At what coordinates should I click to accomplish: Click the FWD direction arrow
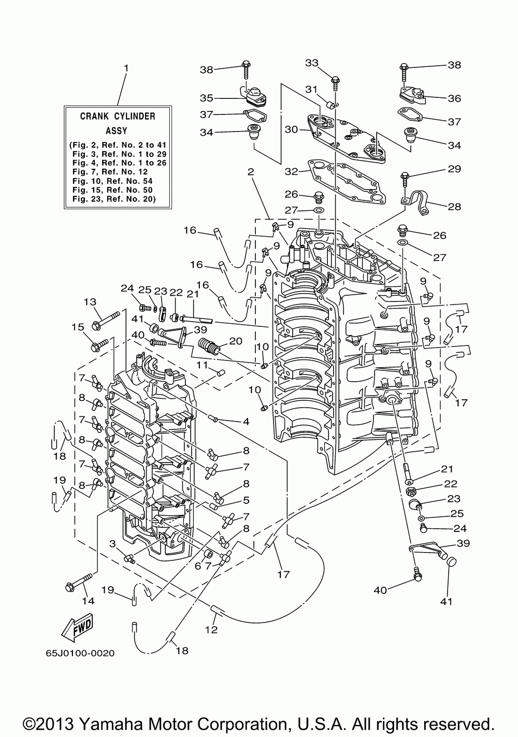77,627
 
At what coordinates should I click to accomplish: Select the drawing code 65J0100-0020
80,653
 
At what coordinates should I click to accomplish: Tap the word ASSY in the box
116,131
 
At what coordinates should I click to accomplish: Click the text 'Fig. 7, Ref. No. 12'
110,172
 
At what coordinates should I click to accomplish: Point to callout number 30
291,129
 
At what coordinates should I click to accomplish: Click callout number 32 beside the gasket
291,172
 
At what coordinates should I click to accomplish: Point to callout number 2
251,172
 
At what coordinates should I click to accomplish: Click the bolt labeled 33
336,84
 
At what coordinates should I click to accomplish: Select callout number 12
211,630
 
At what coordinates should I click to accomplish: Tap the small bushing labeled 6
208,555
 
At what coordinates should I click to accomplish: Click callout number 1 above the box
126,68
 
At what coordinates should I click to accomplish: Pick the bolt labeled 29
405,181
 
